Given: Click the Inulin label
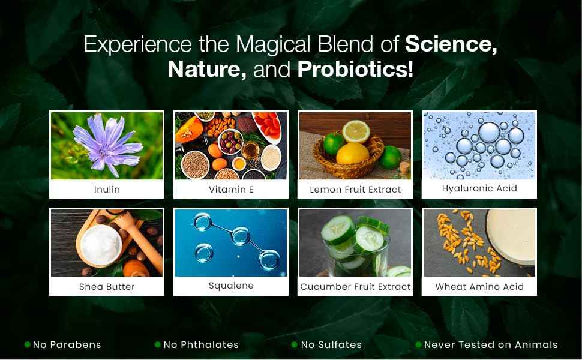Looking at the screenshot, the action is pyautogui.click(x=107, y=189).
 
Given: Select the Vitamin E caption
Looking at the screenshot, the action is pyautogui.click(x=231, y=189).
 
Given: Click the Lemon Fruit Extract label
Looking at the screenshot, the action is pyautogui.click(x=355, y=189).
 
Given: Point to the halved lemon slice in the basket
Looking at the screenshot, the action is pyautogui.click(x=356, y=131).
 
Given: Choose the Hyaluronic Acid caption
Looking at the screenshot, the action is pyautogui.click(x=479, y=188).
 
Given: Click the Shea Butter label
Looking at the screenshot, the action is pyautogui.click(x=107, y=287).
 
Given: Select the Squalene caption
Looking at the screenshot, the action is pyautogui.click(x=231, y=286).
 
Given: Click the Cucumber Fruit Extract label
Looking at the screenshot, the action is pyautogui.click(x=355, y=287).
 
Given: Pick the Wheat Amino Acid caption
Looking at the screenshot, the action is pyautogui.click(x=479, y=287).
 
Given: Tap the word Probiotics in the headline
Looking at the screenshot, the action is pyautogui.click(x=355, y=70).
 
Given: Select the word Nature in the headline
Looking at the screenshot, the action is pyautogui.click(x=207, y=70).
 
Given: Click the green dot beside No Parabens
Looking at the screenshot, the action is pyautogui.click(x=27, y=344).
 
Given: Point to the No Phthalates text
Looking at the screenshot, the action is pyautogui.click(x=201, y=344).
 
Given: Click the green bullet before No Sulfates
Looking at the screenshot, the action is pyautogui.click(x=295, y=345).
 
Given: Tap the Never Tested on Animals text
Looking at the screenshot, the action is pyautogui.click(x=491, y=344).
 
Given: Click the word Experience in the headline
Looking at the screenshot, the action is pyautogui.click(x=138, y=45).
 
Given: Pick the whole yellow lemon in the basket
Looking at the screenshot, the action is pyautogui.click(x=352, y=153).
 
